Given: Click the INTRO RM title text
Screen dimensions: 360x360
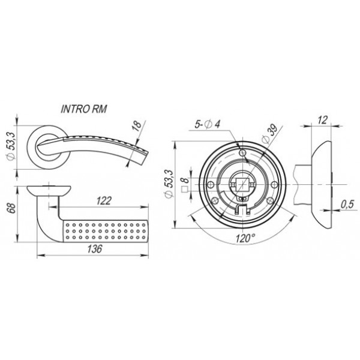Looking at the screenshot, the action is (x=84, y=109).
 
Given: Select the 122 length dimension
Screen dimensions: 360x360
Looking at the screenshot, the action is (x=104, y=201).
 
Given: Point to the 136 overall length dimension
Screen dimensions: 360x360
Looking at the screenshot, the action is (x=95, y=248).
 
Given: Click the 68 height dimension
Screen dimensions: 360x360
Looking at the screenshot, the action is (x=12, y=208).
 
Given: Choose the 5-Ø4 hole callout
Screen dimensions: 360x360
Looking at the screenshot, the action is (x=208, y=124).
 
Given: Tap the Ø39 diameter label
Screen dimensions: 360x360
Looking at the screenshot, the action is (x=270, y=134).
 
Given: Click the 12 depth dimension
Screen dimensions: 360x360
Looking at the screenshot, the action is (x=322, y=120).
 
